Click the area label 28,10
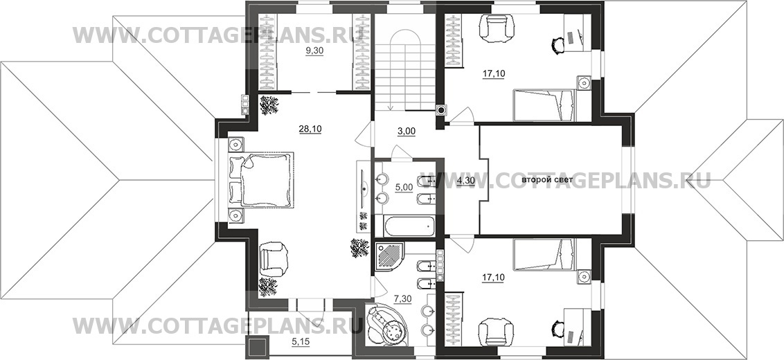tap(310, 129)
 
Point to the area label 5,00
tap(404, 188)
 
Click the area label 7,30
tap(403, 298)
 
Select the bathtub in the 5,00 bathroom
tap(410, 226)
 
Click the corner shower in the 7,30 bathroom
tap(393, 256)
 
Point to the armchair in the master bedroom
tap(274, 258)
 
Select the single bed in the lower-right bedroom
tap(544, 255)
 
